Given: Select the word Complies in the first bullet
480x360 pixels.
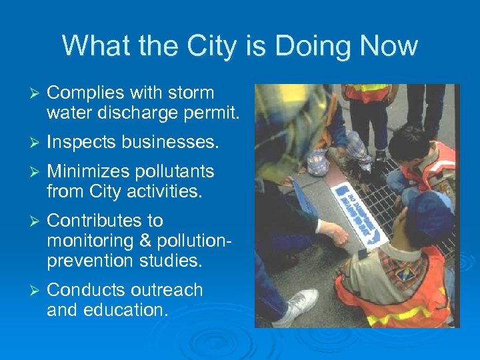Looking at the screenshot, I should point(88,93).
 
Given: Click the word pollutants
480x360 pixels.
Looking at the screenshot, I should point(179,172).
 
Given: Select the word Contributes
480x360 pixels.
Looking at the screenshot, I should point(97,221).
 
